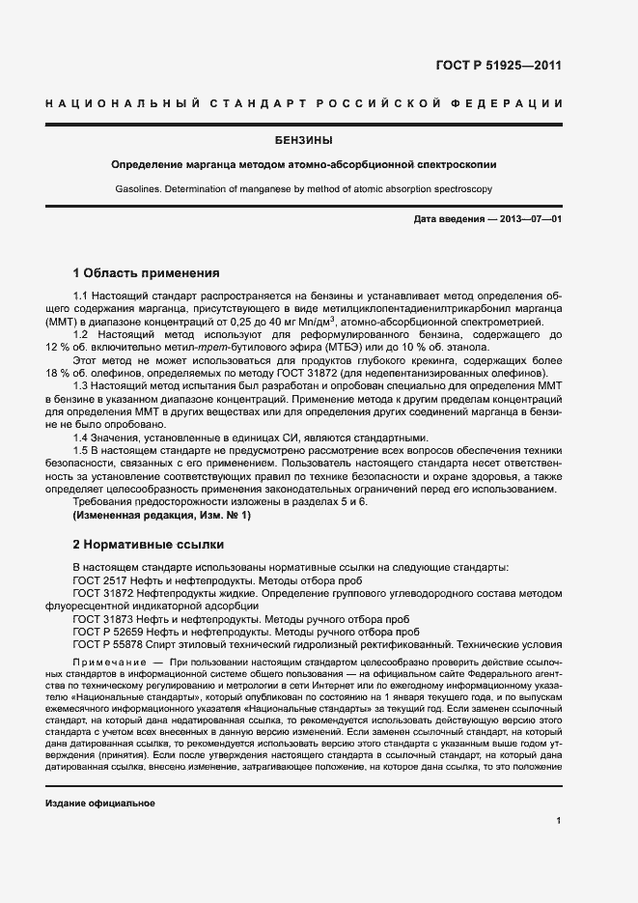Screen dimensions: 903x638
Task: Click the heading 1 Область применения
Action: click(146, 273)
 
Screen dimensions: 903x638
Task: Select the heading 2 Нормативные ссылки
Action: click(149, 545)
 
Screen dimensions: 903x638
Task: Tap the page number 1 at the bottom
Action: click(559, 821)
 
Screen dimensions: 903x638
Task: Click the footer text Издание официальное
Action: click(100, 804)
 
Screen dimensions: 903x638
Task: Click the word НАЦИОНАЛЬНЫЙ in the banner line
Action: click(123, 103)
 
